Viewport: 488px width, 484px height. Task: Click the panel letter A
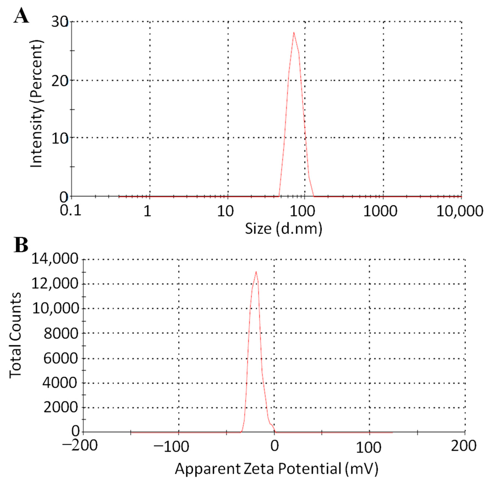point(21,16)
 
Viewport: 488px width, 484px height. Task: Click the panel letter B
point(21,245)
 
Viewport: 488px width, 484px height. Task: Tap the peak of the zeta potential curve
point(256,272)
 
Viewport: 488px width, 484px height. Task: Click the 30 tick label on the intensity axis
point(60,22)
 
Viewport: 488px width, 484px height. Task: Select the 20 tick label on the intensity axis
point(60,81)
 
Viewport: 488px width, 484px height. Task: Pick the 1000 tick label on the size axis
point(380,211)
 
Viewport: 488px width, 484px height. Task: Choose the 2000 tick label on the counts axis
point(61,407)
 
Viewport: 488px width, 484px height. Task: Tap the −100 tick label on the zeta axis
point(171,447)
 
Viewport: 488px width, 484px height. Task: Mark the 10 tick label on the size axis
point(225,211)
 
